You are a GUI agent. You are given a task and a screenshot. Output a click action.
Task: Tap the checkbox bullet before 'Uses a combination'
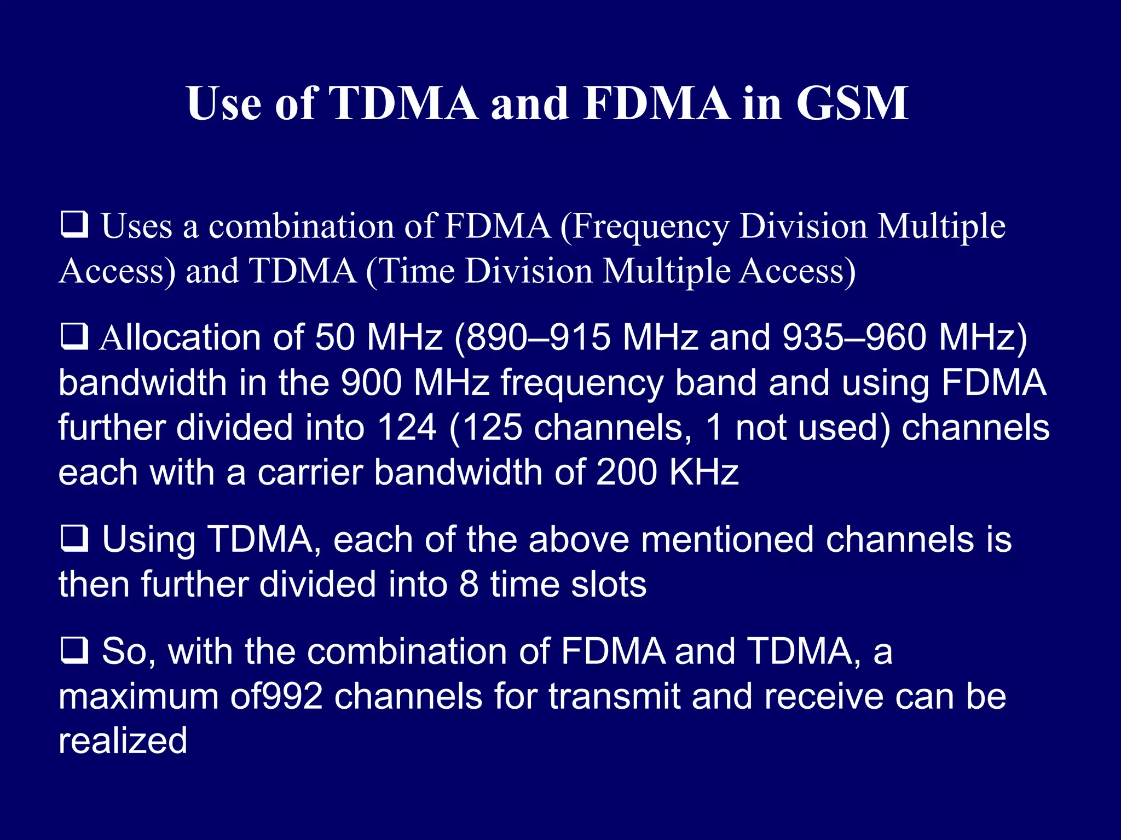click(74, 225)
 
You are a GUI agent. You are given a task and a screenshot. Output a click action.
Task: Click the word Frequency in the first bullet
click(650, 227)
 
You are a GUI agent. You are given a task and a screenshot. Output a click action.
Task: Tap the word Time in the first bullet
click(417, 271)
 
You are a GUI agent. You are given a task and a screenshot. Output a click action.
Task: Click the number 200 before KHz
click(626, 472)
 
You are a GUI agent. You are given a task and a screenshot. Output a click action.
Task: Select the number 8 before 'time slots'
click(469, 584)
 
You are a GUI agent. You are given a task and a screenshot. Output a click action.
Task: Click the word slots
click(608, 584)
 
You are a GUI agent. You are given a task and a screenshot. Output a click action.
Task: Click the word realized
click(123, 741)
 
